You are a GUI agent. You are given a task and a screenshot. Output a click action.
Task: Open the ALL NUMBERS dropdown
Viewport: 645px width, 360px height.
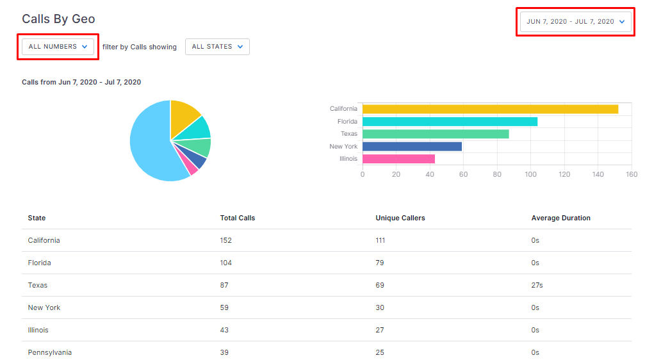tap(58, 47)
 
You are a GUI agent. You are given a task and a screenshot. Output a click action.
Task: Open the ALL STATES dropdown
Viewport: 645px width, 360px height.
tap(217, 47)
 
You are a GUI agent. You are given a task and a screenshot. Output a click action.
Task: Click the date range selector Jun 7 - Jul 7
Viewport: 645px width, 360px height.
tap(575, 21)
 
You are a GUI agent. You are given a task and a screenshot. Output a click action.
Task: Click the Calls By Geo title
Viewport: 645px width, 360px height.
tap(58, 19)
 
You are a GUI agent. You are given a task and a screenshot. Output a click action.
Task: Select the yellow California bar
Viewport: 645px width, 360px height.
tap(491, 109)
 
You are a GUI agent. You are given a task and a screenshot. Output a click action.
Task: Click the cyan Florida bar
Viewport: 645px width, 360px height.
tap(450, 121)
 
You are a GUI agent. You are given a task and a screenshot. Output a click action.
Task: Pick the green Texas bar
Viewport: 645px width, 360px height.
tap(436, 134)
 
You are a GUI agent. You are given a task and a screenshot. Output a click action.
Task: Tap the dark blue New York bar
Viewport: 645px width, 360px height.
tap(412, 146)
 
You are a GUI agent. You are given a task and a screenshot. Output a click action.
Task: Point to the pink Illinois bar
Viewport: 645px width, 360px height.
tap(398, 159)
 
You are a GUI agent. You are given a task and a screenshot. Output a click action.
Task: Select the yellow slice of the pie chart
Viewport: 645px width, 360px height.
tap(183, 117)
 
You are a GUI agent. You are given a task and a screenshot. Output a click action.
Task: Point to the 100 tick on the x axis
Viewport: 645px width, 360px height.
tap(530, 174)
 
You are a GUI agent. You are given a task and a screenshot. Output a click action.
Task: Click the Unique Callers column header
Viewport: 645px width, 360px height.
tap(400, 218)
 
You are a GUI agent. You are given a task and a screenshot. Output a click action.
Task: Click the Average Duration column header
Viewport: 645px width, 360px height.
tap(560, 218)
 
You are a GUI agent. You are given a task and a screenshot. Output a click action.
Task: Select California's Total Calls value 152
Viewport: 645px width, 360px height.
tap(226, 240)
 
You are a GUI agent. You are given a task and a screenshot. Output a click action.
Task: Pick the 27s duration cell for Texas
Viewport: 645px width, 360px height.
tap(537, 285)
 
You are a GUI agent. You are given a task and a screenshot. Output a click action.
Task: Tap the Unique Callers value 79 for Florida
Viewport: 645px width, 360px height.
tap(380, 263)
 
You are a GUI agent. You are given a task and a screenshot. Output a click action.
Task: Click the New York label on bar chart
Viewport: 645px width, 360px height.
tap(343, 147)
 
